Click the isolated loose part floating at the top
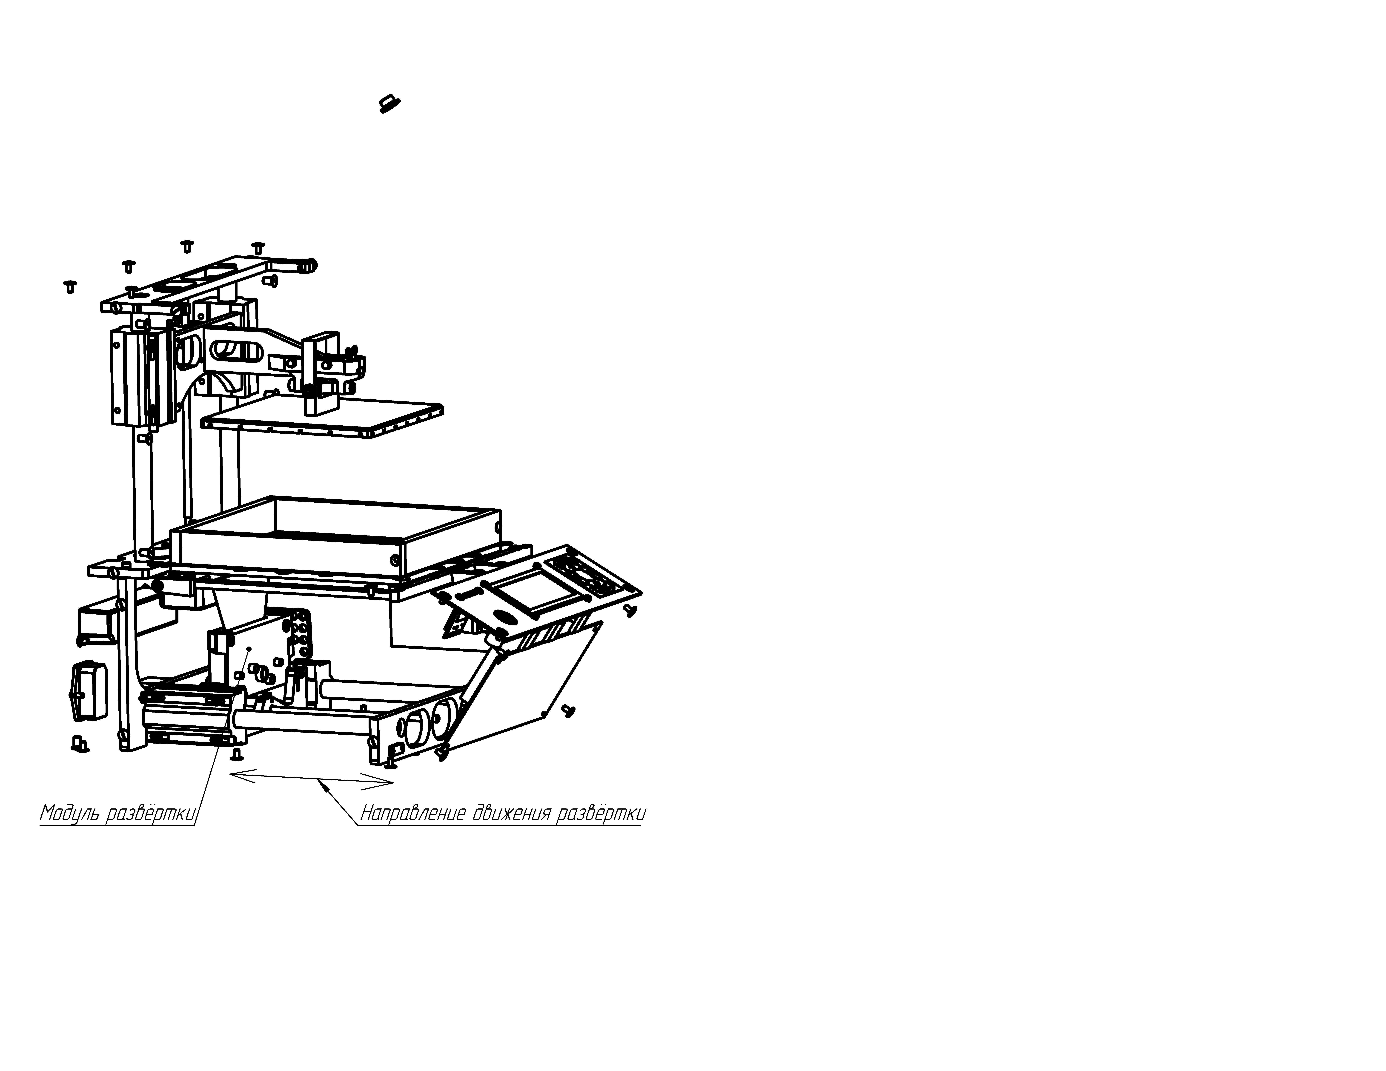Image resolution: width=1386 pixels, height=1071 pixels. click(389, 103)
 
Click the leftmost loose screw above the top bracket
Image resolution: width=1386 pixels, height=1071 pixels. click(70, 287)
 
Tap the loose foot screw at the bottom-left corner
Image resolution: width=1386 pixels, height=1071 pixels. click(80, 744)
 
